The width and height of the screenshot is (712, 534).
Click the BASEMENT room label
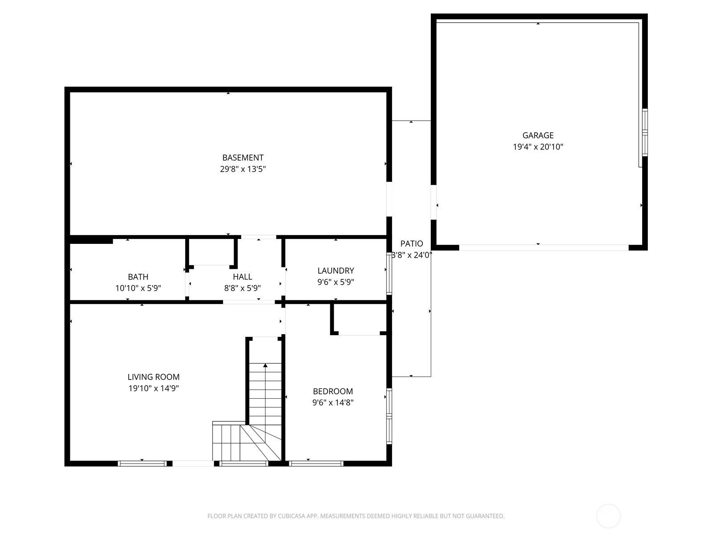(243, 158)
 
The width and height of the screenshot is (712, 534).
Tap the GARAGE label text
(538, 135)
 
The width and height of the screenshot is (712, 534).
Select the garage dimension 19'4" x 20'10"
(538, 147)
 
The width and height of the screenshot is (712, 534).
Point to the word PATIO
(412, 243)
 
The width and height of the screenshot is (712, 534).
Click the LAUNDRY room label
(336, 271)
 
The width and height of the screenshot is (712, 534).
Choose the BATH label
(138, 277)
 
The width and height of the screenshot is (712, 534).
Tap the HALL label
(243, 276)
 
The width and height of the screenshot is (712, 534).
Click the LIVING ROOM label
(154, 377)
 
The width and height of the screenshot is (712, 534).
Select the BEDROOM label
(333, 391)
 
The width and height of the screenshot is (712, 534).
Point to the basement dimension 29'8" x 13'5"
(243, 169)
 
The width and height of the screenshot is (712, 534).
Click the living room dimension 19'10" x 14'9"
(154, 388)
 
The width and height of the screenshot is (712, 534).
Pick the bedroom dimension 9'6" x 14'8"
(333, 402)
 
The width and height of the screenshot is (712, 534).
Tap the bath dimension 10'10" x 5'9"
(138, 288)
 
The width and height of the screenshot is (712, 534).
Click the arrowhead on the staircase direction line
(265, 365)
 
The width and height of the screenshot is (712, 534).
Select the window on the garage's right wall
(645, 132)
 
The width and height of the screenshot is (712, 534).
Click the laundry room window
(389, 274)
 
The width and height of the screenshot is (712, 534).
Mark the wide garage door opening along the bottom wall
(544, 248)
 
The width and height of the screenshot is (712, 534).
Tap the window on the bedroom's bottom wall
(316, 464)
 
